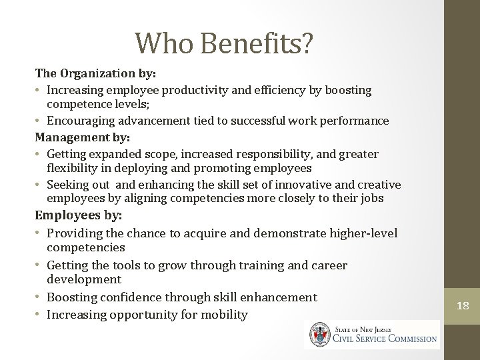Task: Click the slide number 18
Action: coord(463,306)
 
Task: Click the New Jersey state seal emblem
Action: coord(317,334)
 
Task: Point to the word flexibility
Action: coord(72,168)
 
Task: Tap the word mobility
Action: coord(224,314)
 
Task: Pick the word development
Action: coord(84,279)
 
